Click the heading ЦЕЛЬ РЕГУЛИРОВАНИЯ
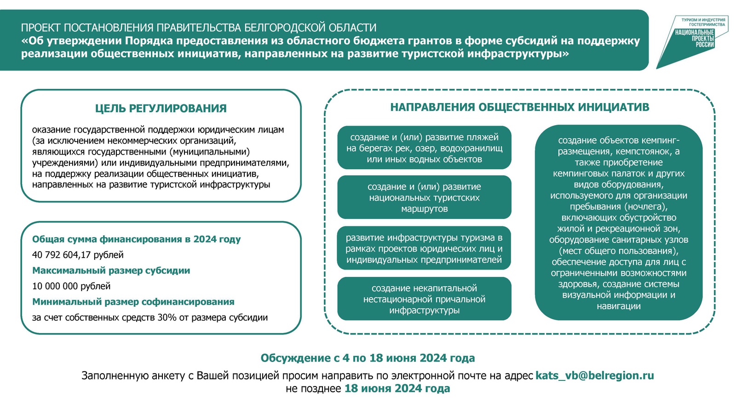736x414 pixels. (161, 109)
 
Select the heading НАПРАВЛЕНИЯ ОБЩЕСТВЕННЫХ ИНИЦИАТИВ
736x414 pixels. (519, 107)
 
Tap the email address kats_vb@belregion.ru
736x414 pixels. (594, 375)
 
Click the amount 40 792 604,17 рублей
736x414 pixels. (78, 255)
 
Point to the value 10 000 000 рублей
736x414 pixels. (71, 286)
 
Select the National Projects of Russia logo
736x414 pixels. (692, 39)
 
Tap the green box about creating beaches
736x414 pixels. (424, 148)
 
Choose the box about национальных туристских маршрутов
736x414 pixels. (424, 197)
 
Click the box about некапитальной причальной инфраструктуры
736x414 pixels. (424, 299)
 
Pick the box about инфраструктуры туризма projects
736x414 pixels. (424, 248)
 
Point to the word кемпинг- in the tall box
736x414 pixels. (660, 140)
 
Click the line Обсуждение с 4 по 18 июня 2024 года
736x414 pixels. (368, 358)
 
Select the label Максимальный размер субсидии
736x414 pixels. (111, 270)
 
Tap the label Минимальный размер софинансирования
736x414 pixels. (133, 302)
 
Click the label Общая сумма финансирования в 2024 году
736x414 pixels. (136, 239)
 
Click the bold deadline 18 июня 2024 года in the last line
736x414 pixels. (397, 388)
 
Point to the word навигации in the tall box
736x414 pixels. (618, 306)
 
